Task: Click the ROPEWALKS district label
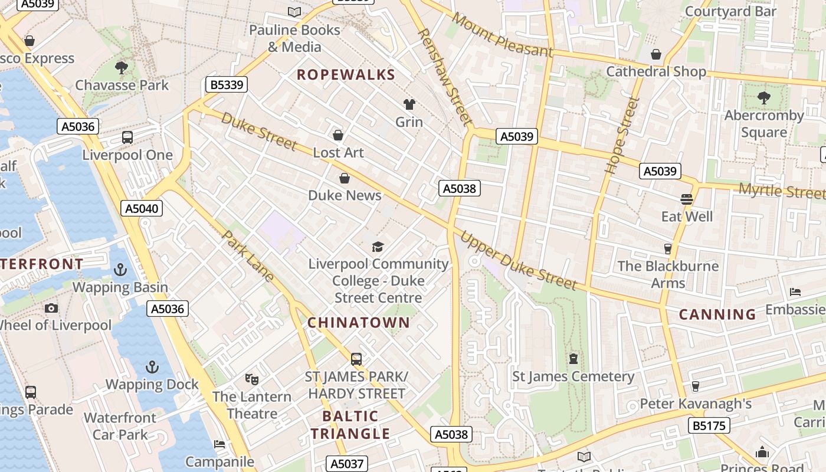[346, 75]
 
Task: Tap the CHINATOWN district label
[358, 323]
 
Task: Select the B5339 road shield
[227, 84]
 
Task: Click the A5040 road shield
[142, 208]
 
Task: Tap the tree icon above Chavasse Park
[122, 67]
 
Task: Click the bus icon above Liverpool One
[127, 137]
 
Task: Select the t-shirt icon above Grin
[409, 104]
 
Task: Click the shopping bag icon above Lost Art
[338, 136]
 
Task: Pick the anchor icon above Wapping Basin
[120, 270]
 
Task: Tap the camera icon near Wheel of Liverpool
[51, 308]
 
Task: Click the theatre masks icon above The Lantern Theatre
[252, 379]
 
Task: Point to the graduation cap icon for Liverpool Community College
[378, 247]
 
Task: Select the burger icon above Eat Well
[686, 199]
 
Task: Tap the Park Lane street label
[248, 255]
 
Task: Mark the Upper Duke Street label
[518, 261]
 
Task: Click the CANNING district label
[717, 314]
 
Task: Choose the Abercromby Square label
[763, 124]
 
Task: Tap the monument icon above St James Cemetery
[573, 359]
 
